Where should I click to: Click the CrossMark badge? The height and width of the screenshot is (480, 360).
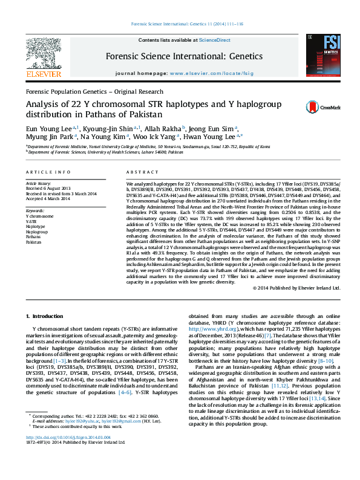coord(315,106)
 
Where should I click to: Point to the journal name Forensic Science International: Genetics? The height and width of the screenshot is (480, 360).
coord(184,56)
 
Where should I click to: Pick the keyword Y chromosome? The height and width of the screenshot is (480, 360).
coord(39,215)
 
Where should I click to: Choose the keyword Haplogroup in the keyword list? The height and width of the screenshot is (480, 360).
coord(37,232)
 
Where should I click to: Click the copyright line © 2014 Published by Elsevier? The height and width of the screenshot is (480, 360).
coord(297,288)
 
